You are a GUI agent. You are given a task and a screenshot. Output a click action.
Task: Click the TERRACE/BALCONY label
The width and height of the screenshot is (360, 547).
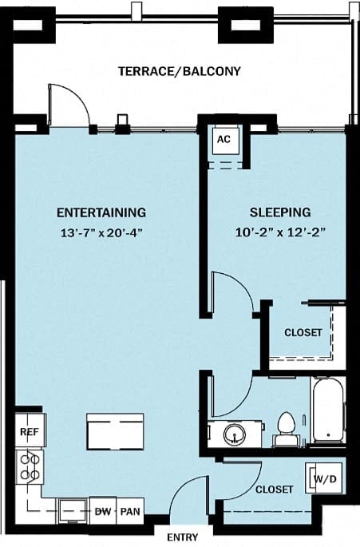pos(180,71)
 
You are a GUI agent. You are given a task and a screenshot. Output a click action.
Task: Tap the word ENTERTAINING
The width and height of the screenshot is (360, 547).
pos(101,212)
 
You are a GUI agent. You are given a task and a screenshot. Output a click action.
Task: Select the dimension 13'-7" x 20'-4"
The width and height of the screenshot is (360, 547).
pos(101,233)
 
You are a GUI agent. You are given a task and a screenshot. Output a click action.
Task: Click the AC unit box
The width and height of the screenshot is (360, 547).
pos(224,139)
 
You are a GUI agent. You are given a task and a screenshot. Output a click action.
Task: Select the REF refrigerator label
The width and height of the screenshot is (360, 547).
pos(28,431)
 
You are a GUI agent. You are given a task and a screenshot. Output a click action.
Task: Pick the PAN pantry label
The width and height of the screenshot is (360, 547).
pos(131,510)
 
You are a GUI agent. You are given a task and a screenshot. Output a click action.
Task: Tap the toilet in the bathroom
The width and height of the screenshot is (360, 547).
pos(285,429)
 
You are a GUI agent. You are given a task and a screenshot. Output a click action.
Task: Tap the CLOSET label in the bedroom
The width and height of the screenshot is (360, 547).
pos(303,332)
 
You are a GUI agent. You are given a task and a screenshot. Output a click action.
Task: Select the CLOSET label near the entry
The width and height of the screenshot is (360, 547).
pos(275,489)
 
